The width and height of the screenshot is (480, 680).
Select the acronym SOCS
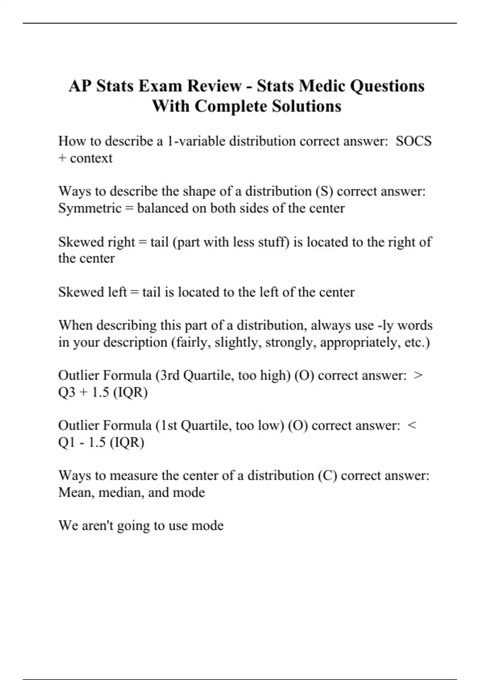click(414, 141)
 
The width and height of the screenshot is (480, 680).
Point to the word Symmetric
click(90, 208)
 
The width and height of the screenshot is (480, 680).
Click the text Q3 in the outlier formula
click(67, 392)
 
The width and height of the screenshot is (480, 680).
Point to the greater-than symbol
click(418, 376)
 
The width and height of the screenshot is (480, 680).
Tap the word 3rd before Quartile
click(170, 376)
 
